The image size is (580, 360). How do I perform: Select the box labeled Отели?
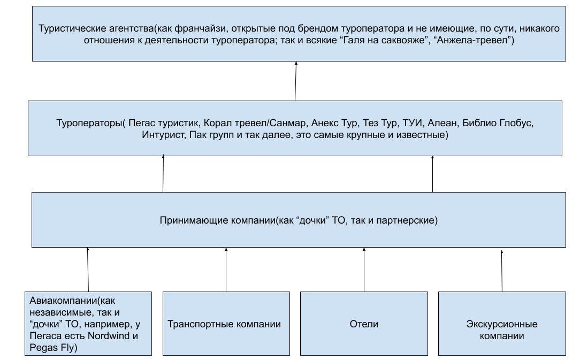pos(364,324)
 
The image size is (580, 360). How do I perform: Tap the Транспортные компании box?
pos(224,324)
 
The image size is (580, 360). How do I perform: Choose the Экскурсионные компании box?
pos(501,330)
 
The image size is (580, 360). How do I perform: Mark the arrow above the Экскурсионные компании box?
pos(502,270)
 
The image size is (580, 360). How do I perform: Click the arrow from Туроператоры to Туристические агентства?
pos(295,81)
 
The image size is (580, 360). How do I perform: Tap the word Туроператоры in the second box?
pos(89,122)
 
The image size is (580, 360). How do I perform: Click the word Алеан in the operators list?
pos(442,122)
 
